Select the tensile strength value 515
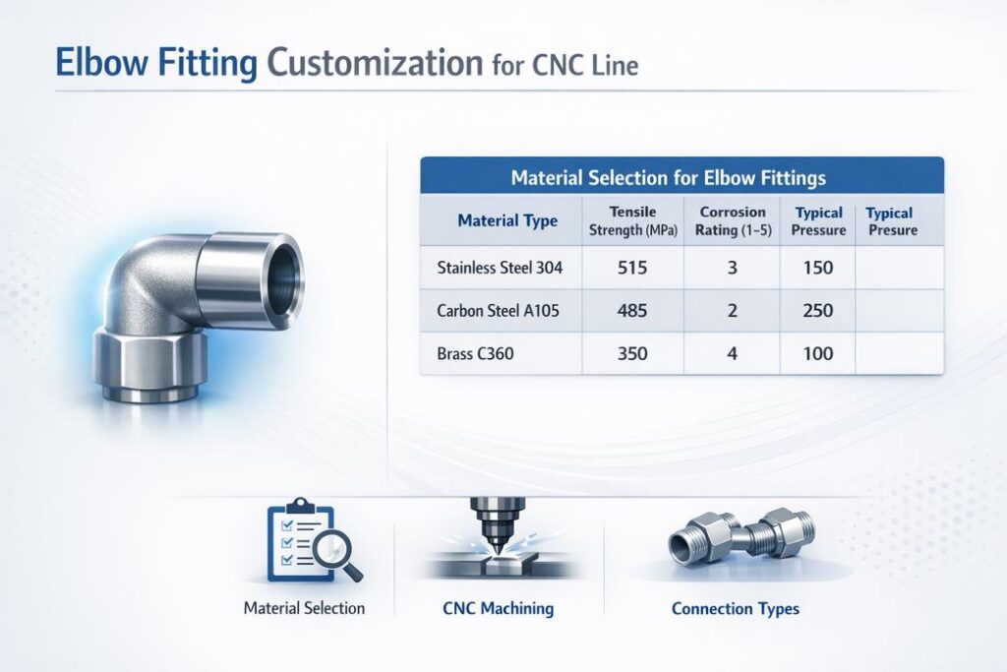(631, 268)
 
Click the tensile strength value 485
(631, 311)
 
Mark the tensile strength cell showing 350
(631, 353)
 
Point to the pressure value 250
(817, 311)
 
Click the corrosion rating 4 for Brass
(731, 353)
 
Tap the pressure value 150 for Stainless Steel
(817, 268)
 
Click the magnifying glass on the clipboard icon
(340, 557)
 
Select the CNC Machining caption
(492, 608)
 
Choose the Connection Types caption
(736, 608)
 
